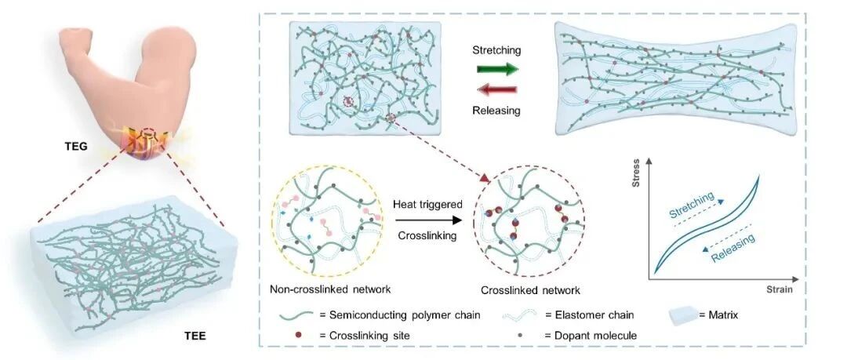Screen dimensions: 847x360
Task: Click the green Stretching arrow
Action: (x=497, y=69)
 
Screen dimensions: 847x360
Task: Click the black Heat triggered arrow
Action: (x=428, y=220)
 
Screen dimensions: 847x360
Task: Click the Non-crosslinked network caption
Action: (x=331, y=289)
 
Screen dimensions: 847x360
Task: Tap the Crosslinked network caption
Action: (x=530, y=290)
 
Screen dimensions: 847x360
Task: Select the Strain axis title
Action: (x=779, y=289)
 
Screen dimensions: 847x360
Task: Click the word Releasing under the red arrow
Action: (x=496, y=111)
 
